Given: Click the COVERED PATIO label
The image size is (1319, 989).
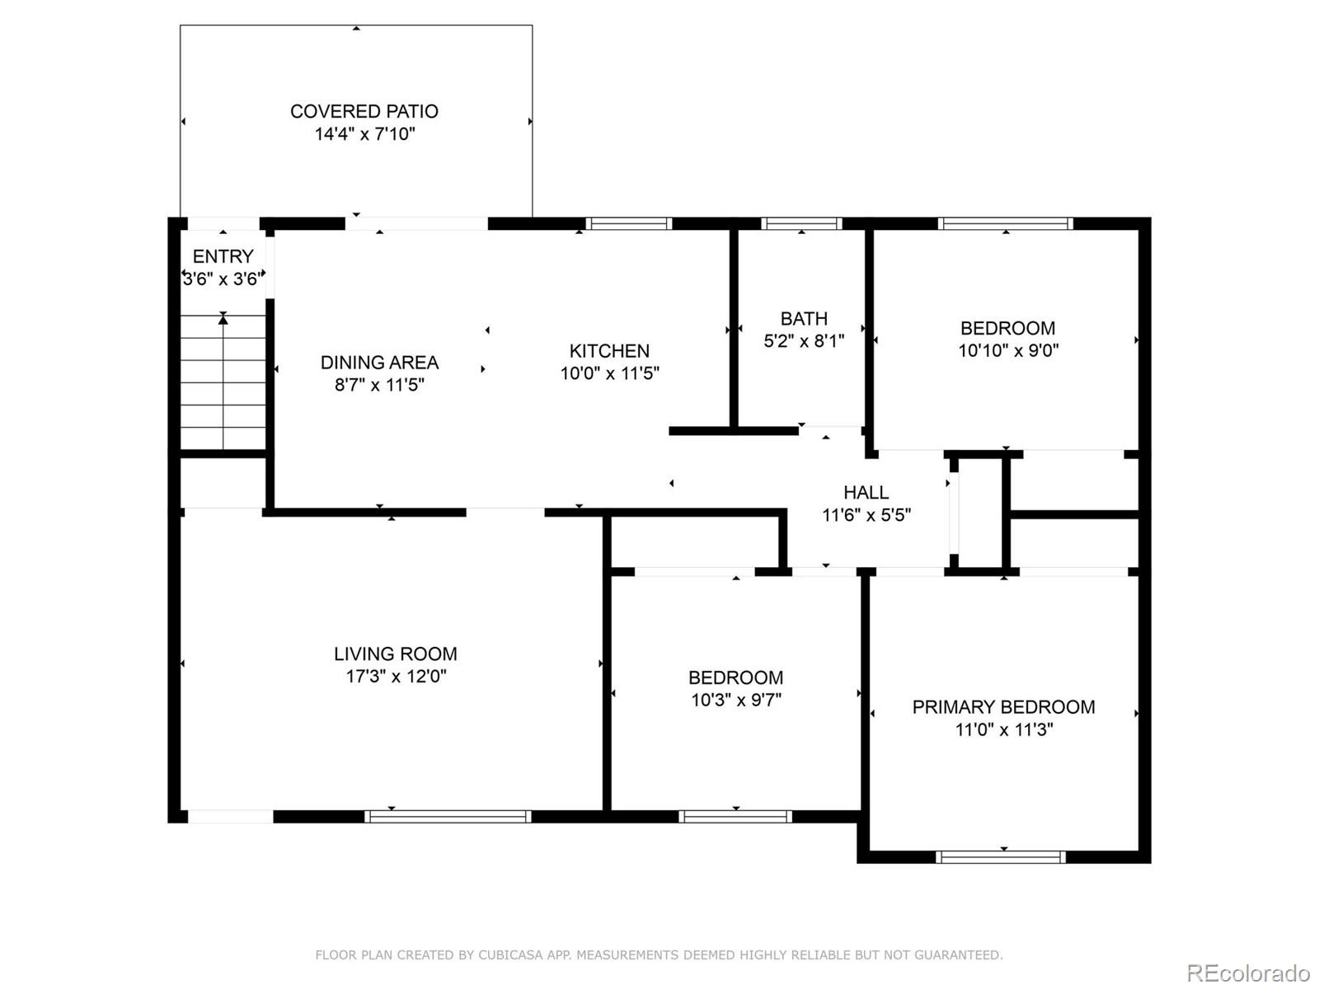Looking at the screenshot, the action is [x=364, y=111].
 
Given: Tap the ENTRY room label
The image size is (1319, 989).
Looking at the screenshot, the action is [x=223, y=256].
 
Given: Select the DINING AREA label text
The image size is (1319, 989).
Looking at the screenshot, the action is [x=379, y=362].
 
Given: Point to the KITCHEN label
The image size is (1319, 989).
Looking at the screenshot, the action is [x=609, y=351].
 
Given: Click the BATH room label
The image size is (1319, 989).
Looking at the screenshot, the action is [x=804, y=318].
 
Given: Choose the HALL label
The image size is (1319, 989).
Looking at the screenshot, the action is [x=866, y=492].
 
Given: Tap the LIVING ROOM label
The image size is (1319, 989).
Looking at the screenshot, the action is [x=396, y=654].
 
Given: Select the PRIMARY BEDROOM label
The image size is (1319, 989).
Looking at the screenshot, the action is [x=1003, y=707].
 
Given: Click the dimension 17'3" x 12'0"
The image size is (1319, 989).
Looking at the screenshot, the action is [x=396, y=676].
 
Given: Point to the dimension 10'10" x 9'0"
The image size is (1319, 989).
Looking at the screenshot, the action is [x=1008, y=350].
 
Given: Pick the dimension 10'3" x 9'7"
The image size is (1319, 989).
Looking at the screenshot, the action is [x=736, y=700].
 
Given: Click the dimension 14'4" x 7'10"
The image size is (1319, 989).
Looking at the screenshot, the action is [x=364, y=134].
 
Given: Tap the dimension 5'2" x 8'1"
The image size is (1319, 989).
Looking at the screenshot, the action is [x=804, y=341].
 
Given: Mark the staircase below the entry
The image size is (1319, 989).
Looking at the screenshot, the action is [x=223, y=382].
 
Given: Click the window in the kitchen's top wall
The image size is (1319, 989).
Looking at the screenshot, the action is [x=628, y=223].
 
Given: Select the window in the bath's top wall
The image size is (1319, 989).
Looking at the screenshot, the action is [x=801, y=223].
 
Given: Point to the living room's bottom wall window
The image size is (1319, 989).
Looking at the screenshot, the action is [x=448, y=816].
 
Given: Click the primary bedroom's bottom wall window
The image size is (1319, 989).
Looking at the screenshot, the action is [x=1001, y=857].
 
